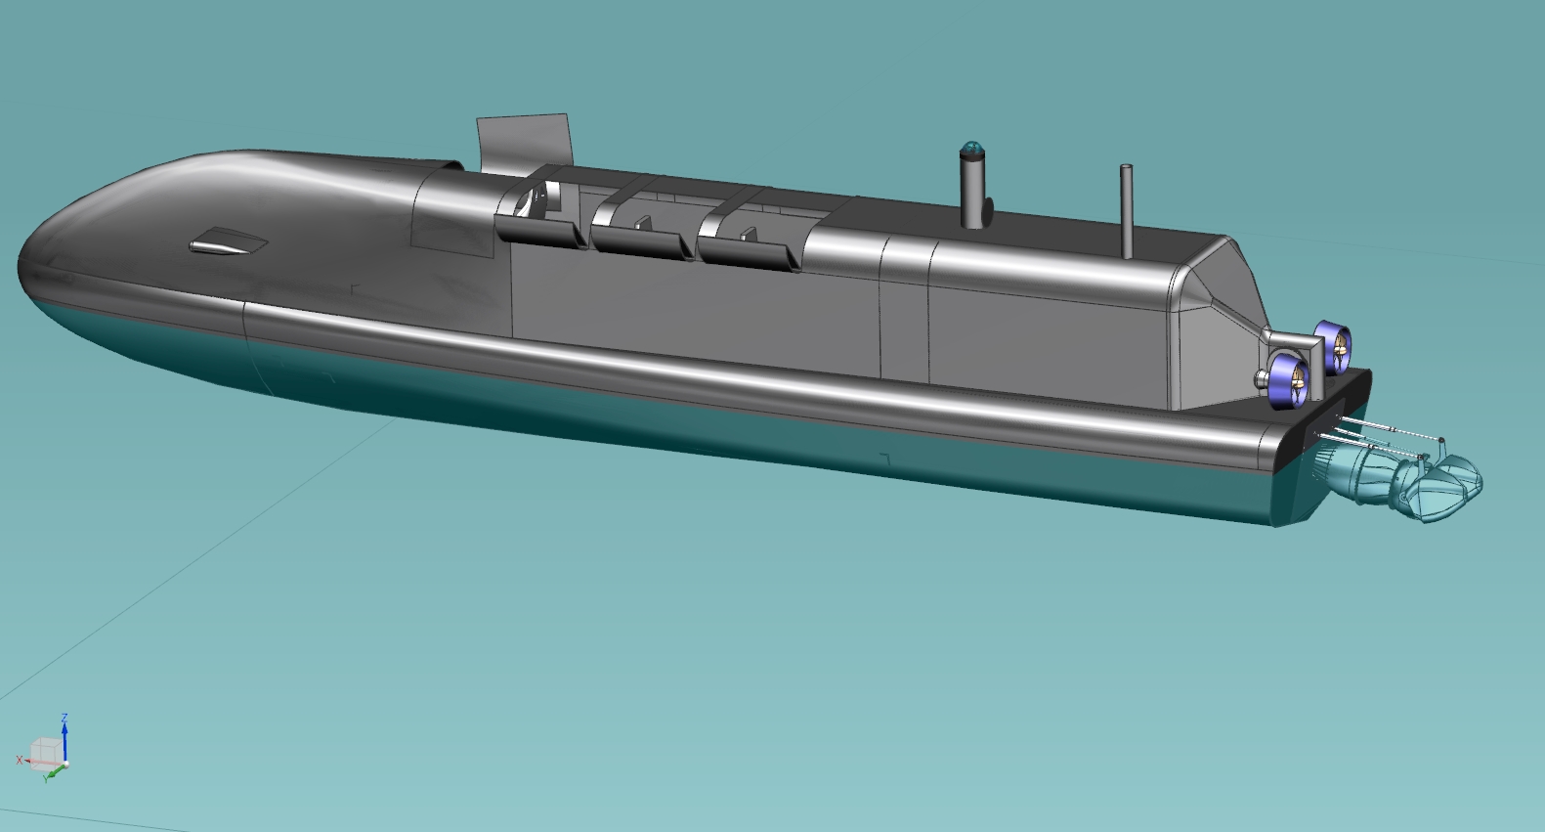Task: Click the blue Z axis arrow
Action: pos(64,738)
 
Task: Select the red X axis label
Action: pos(20,761)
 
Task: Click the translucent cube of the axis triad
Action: pos(46,752)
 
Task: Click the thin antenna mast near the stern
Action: pos(1127,211)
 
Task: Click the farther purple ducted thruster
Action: pos(1334,346)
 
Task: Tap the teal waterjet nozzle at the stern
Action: pos(1400,480)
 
